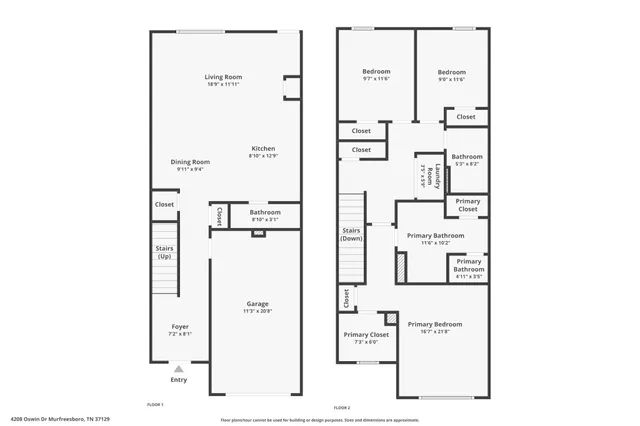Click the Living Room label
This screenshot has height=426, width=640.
click(x=223, y=77)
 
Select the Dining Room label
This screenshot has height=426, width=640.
click(x=189, y=162)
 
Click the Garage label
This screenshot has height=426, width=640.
click(x=257, y=304)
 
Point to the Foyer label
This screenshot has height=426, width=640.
click(x=180, y=327)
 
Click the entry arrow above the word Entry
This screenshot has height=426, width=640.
click(x=179, y=369)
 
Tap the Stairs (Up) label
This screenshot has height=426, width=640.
click(x=165, y=252)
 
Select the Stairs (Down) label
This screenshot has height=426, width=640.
click(x=351, y=235)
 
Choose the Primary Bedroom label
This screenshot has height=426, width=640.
click(x=435, y=325)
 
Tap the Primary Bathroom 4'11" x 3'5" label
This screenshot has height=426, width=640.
click(x=468, y=266)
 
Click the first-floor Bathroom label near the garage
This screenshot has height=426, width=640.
click(x=265, y=212)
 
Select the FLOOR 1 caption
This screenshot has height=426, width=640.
click(x=155, y=405)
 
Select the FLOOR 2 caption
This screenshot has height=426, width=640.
click(x=342, y=408)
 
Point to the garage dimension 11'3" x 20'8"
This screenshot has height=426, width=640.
click(x=257, y=311)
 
